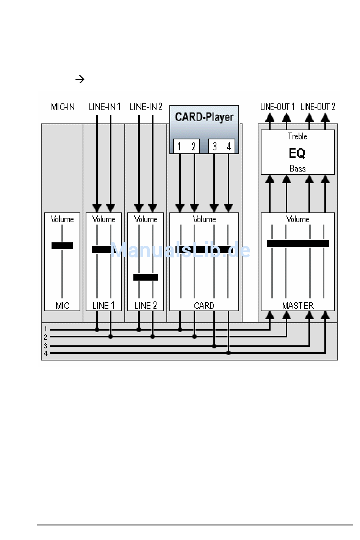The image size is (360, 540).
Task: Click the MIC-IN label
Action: [x=63, y=107]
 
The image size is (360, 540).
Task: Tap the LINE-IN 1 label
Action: [x=105, y=107]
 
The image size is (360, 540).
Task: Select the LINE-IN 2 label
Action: [x=146, y=107]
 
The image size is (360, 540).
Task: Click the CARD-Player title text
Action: [x=204, y=117]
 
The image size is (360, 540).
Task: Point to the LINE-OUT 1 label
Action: [x=277, y=107]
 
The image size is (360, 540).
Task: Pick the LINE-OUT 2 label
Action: [x=318, y=107]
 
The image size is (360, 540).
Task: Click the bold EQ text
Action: [x=297, y=153]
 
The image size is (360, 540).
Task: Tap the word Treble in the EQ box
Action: [x=297, y=136]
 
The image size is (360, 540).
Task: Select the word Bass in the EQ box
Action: [x=297, y=169]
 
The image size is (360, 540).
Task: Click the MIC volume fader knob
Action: [x=62, y=246]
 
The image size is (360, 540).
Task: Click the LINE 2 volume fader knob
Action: [x=146, y=277]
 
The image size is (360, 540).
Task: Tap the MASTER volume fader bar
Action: [x=297, y=243]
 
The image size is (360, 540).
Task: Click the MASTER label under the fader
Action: [x=298, y=306]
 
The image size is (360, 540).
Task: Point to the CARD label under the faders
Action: [x=204, y=306]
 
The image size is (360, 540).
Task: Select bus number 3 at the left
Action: [x=45, y=346]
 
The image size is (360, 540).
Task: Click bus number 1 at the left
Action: [x=45, y=329]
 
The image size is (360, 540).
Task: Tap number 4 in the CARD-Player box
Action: [x=229, y=147]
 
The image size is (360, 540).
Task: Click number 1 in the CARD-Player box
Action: [x=179, y=147]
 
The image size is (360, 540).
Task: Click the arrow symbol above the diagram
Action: [x=80, y=79]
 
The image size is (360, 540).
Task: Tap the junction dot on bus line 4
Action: [x=228, y=353]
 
